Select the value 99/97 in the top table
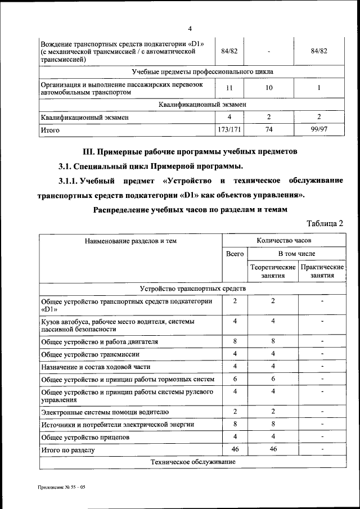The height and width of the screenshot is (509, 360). click(x=318, y=130)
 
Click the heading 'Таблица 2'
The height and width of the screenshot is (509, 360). click(x=325, y=223)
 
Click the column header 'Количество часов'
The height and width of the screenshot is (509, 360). click(x=284, y=240)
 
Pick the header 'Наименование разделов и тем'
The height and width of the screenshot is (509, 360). click(x=130, y=241)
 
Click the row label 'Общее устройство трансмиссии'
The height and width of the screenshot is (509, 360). click(x=90, y=354)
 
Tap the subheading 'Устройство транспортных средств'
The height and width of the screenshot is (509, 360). click(x=193, y=289)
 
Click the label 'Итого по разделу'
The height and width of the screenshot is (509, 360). click(x=68, y=451)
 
